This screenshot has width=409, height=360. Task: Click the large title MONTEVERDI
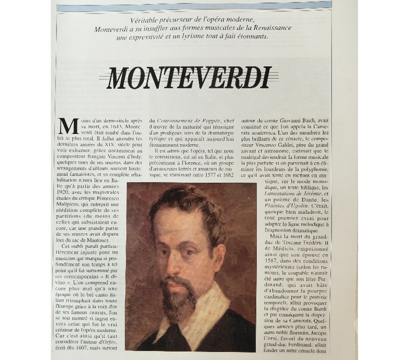(189, 77)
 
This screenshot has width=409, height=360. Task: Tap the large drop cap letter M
(68, 127)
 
